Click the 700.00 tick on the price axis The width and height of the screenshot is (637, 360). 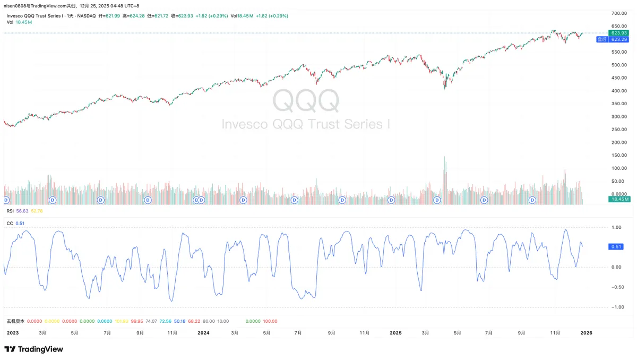(618, 13)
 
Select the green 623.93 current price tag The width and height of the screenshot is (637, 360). (618, 33)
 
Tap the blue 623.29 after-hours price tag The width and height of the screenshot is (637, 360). (618, 39)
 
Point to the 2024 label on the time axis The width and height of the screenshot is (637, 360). (203, 333)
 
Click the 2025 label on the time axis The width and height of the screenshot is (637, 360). (395, 333)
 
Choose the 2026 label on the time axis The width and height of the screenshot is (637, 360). (587, 333)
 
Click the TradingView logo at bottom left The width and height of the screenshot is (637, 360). (33, 349)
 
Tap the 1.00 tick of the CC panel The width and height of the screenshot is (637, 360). (617, 227)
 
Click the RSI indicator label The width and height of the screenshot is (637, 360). (10, 211)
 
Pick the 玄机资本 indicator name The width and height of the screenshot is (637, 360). (15, 321)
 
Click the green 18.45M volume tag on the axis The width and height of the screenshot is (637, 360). (619, 199)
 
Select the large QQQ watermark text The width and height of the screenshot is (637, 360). (306, 100)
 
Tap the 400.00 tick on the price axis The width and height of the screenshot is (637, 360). (618, 91)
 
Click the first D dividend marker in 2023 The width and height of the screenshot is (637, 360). (6, 200)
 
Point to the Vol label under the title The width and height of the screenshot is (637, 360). (10, 22)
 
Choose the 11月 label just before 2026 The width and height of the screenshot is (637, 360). (555, 333)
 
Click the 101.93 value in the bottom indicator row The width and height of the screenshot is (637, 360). (122, 321)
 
